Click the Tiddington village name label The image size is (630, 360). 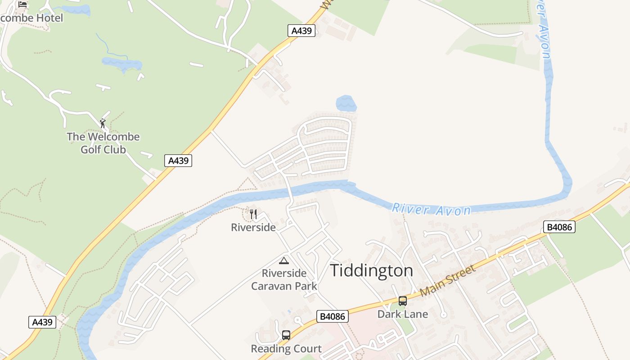tap(371, 270)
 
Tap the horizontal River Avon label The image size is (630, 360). tap(431, 209)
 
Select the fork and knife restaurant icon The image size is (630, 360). tap(253, 214)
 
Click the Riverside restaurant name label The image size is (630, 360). tap(253, 227)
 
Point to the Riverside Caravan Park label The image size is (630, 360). tap(284, 279)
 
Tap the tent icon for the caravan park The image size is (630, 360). tap(284, 261)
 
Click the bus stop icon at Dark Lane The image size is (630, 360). tap(403, 301)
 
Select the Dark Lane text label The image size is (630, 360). tap(403, 314)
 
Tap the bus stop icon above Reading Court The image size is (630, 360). tap(286, 335)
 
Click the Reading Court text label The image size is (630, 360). tap(286, 349)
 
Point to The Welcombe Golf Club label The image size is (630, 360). tap(103, 143)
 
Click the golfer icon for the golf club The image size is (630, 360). tap(103, 123)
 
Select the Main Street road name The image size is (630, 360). tap(447, 281)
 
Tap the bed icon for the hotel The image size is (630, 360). tap(22, 4)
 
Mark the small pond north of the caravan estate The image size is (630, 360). tap(346, 103)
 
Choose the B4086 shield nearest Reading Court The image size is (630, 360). tap(333, 316)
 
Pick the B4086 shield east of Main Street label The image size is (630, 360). tap(559, 227)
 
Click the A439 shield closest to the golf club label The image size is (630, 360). tap(178, 161)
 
